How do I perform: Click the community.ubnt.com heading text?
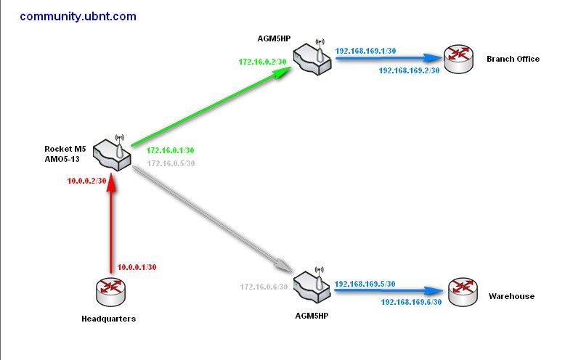78,16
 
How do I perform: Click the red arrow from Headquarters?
111,225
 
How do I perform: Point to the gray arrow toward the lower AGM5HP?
211,215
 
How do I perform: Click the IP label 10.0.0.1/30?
137,267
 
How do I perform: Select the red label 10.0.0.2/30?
87,180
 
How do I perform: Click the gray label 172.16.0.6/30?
264,287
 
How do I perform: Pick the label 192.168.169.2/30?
409,70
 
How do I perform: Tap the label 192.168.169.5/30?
365,283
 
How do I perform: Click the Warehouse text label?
511,296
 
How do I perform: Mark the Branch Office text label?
513,59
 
